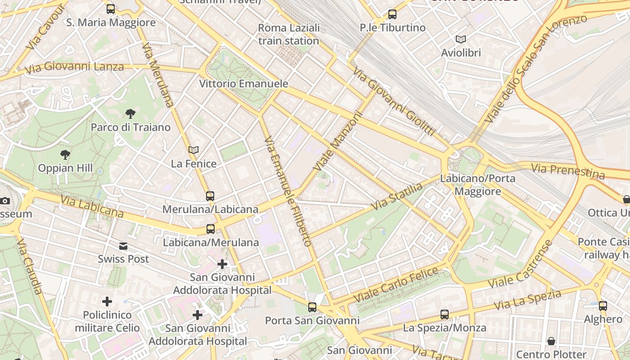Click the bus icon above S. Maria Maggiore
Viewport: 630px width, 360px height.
(111, 9)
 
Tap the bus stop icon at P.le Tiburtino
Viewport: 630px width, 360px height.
(392, 14)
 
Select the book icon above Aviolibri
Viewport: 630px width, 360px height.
(461, 39)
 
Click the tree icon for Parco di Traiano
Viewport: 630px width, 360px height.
(130, 113)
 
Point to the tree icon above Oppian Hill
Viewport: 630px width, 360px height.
(65, 155)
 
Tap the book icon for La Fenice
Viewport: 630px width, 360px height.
(193, 150)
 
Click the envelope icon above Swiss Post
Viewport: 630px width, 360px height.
(123, 246)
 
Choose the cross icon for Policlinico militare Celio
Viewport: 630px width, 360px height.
(107, 301)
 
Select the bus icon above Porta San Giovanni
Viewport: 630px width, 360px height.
(312, 307)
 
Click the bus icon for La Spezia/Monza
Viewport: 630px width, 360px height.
(445, 314)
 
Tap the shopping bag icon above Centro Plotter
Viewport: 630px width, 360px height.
(551, 341)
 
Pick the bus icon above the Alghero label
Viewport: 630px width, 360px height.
(603, 306)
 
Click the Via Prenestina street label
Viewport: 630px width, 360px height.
(568, 171)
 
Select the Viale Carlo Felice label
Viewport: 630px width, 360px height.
(396, 284)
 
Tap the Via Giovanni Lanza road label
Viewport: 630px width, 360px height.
(74, 68)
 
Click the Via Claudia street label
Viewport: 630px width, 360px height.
(30, 266)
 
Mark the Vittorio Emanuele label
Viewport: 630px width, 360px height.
(243, 84)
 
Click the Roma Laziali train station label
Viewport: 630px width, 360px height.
(288, 34)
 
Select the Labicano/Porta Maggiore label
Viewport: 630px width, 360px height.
(477, 184)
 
